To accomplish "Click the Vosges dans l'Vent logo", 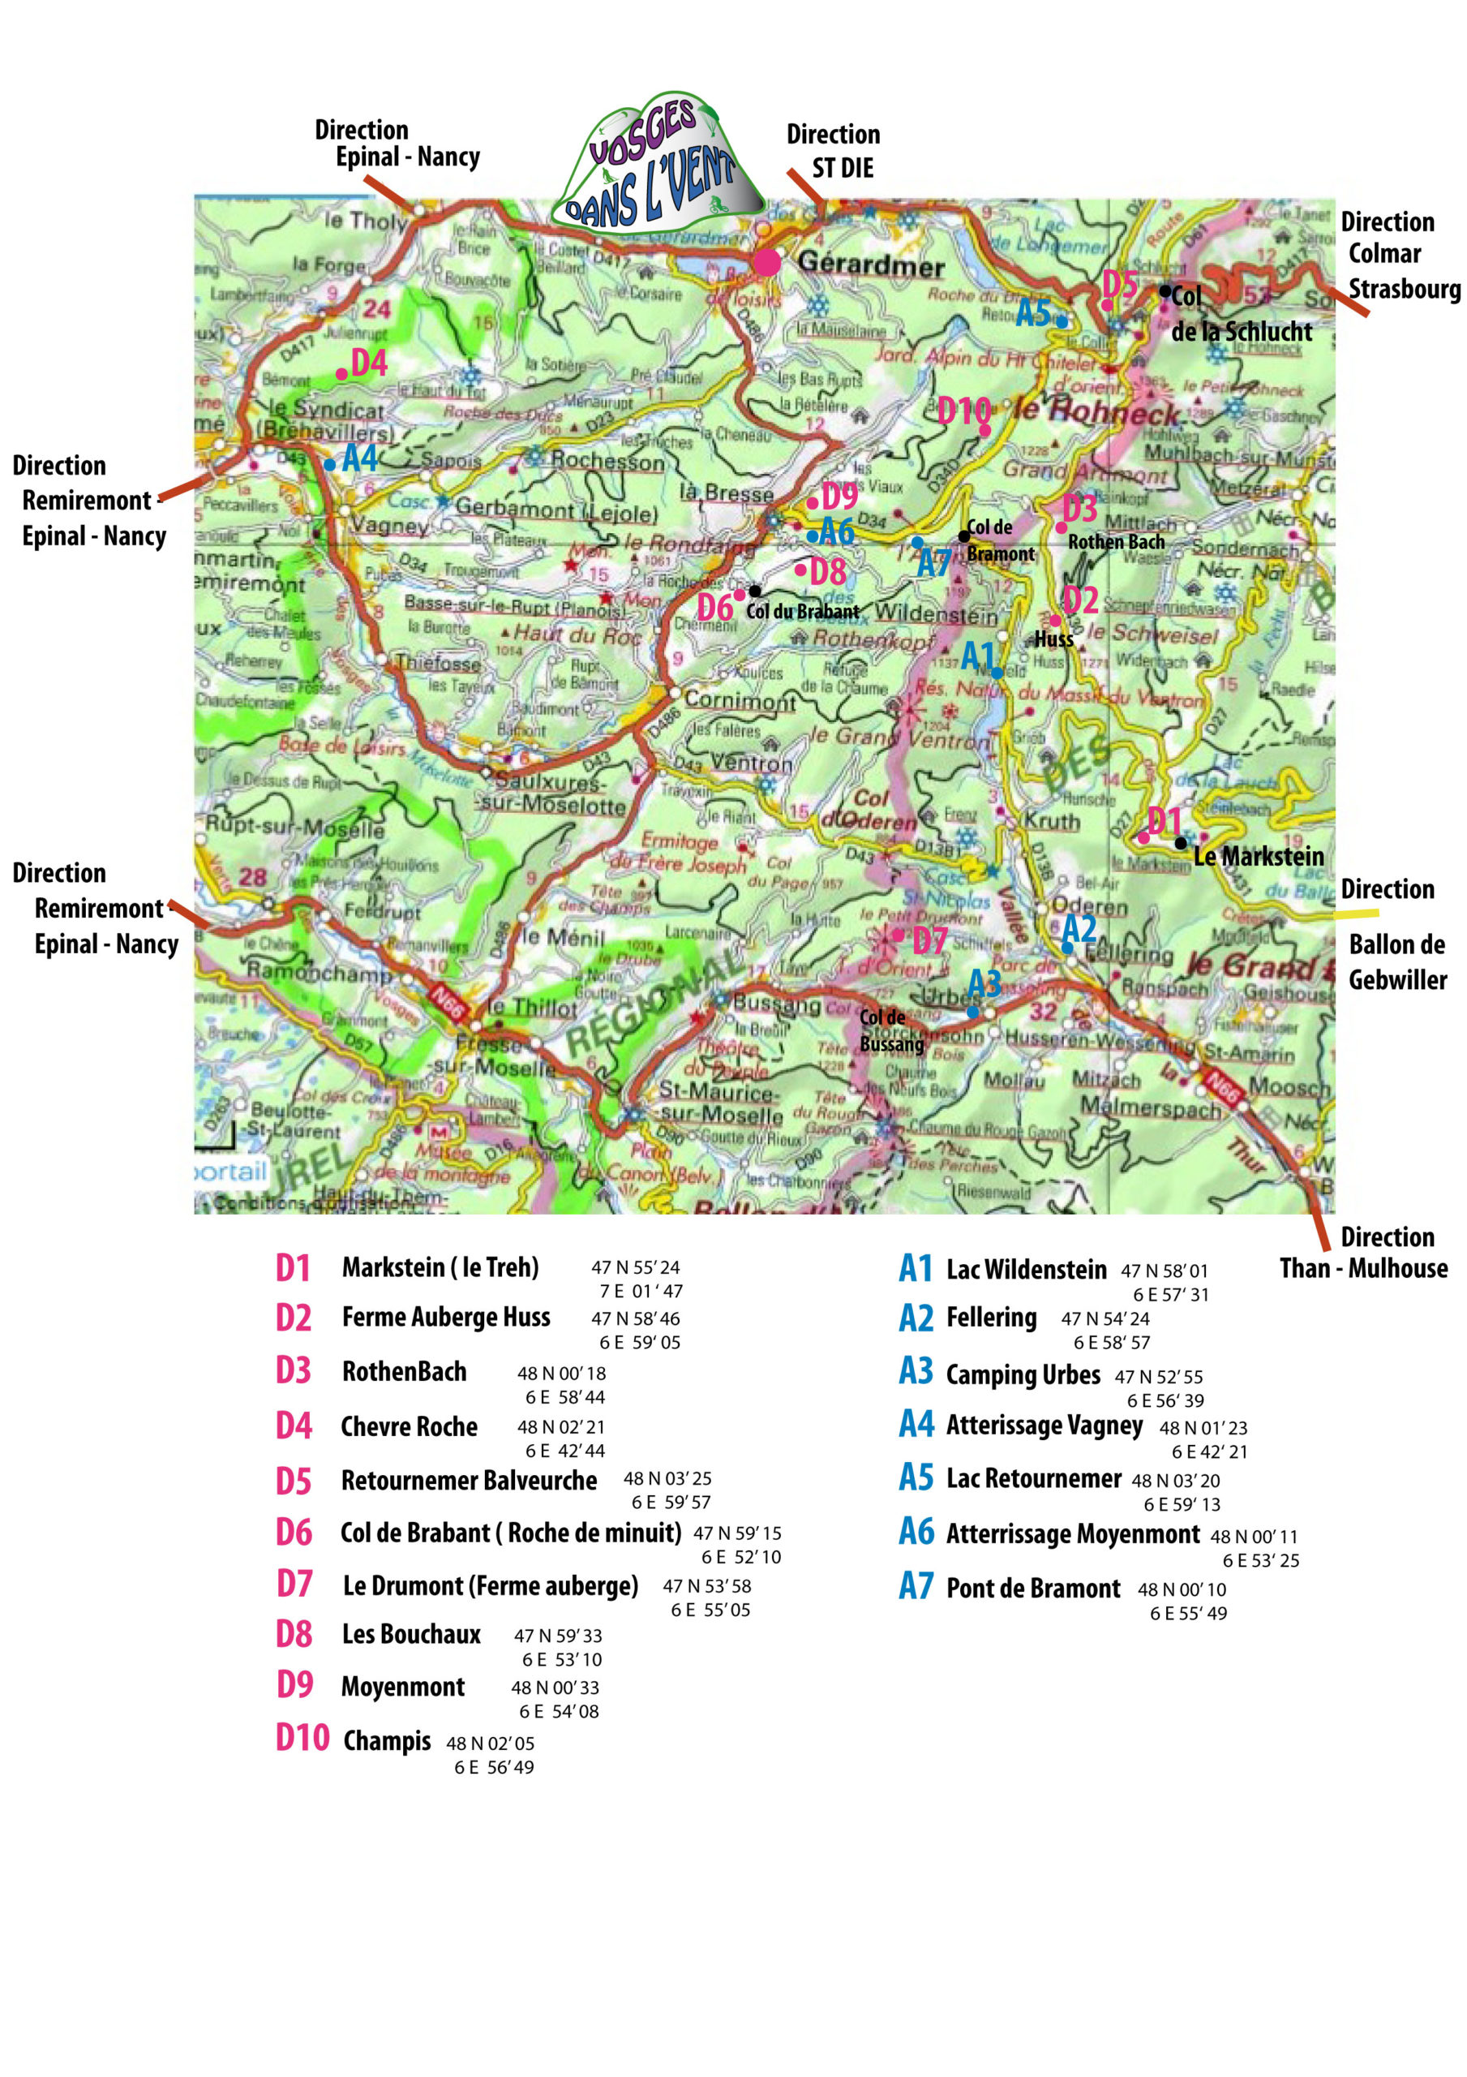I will [x=658, y=163].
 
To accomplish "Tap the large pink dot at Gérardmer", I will [x=766, y=262].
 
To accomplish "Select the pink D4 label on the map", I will [x=368, y=363].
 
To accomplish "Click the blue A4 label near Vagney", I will [x=359, y=458].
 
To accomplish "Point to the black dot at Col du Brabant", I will [x=754, y=591].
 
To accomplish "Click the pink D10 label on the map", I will [x=963, y=411].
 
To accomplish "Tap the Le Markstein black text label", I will [x=1258, y=856].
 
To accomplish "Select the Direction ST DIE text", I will [x=833, y=151].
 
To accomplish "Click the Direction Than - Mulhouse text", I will [x=1363, y=1252].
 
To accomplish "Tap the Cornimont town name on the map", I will [x=740, y=700].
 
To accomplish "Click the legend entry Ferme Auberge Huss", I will [x=446, y=1316].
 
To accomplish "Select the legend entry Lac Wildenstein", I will [x=1026, y=1269].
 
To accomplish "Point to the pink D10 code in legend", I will [x=302, y=1738].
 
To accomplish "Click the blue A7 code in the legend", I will [x=916, y=1586].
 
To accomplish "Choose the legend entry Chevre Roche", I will [x=409, y=1426].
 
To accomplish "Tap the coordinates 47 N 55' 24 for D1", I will [x=635, y=1267].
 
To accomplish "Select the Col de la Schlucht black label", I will [x=1239, y=315].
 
